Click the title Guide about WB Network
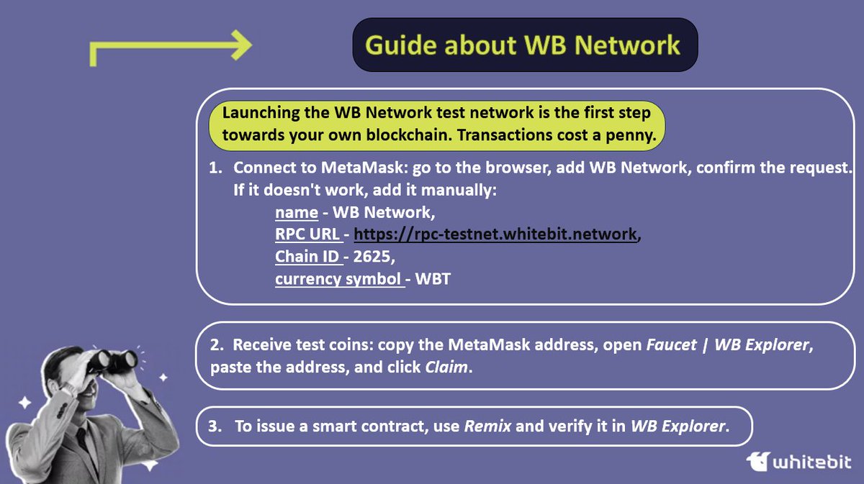(523, 45)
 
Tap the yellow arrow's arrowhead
(241, 45)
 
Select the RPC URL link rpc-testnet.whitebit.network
(495, 234)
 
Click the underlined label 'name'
(296, 212)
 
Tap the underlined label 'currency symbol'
(338, 278)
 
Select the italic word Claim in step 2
(444, 367)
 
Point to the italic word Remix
(487, 426)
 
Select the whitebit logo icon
(760, 460)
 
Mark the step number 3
(214, 426)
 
